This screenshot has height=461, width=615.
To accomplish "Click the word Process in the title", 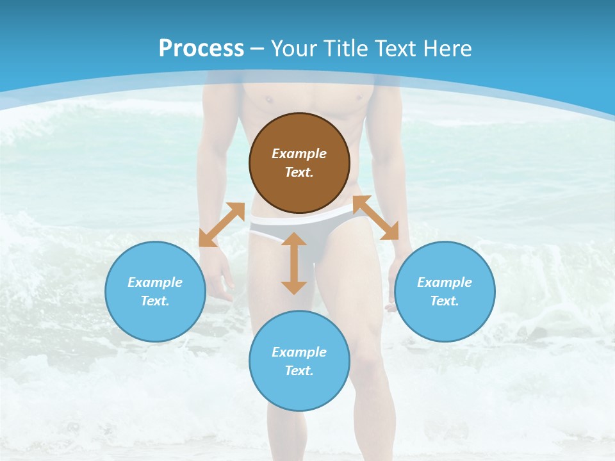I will (201, 49).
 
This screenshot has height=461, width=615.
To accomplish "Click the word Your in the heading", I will (295, 49).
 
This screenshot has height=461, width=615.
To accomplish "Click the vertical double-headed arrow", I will (294, 263).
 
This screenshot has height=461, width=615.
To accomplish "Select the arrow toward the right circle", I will (376, 218).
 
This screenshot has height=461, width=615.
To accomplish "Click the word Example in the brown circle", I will (299, 154).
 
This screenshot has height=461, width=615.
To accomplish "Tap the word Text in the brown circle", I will (299, 172).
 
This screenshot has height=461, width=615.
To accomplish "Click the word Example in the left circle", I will (155, 282).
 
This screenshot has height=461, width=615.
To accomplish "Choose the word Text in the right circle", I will (445, 301).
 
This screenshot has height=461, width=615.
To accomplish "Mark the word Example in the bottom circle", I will (299, 352).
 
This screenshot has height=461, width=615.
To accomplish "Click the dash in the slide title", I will (258, 49).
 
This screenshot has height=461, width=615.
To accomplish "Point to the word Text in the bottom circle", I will (299, 371).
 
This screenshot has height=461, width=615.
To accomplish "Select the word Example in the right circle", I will (445, 282).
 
